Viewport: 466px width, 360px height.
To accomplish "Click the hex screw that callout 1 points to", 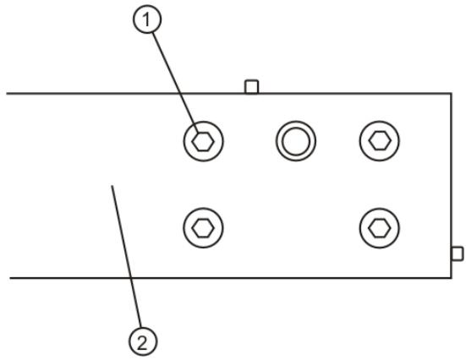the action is (203, 140).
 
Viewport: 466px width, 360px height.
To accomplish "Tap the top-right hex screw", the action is (379, 140).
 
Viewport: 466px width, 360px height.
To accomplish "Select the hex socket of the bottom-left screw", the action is (203, 226).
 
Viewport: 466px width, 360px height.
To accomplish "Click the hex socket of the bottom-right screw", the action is (379, 226).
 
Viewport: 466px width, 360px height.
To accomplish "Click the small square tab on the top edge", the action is (251, 86).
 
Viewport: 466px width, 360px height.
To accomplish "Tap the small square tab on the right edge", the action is (457, 254).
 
